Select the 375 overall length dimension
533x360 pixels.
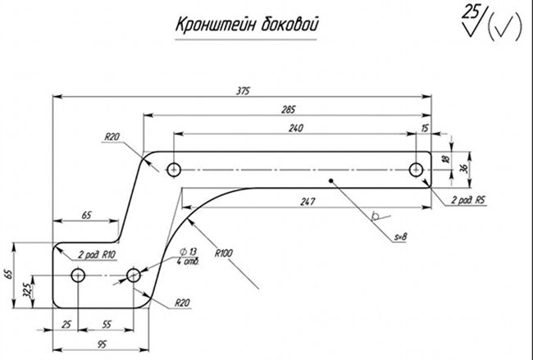pyautogui.click(x=243, y=91)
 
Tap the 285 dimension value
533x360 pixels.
pyautogui.click(x=289, y=110)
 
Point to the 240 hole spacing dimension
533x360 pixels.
pyautogui.click(x=296, y=129)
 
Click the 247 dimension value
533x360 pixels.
pyautogui.click(x=307, y=202)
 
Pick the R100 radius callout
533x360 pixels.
pyautogui.click(x=223, y=253)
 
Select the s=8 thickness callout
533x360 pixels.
pyautogui.click(x=400, y=237)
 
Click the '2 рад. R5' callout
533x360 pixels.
pyautogui.click(x=467, y=201)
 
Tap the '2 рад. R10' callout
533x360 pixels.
pyautogui.click(x=97, y=255)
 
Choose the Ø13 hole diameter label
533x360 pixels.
pyautogui.click(x=188, y=252)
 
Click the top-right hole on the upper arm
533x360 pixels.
pyautogui.click(x=416, y=170)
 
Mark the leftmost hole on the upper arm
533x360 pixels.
pyautogui.click(x=174, y=170)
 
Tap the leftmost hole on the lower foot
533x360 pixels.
pyautogui.click(x=78, y=275)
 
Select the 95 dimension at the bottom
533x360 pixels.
pyautogui.click(x=102, y=344)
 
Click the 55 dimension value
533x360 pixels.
pyautogui.click(x=107, y=325)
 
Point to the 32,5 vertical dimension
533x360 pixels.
pyautogui.click(x=28, y=289)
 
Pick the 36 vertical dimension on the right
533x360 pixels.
pyautogui.click(x=463, y=168)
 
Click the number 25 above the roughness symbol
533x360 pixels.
pyautogui.click(x=471, y=11)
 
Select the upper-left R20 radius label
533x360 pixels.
pyautogui.click(x=112, y=137)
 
